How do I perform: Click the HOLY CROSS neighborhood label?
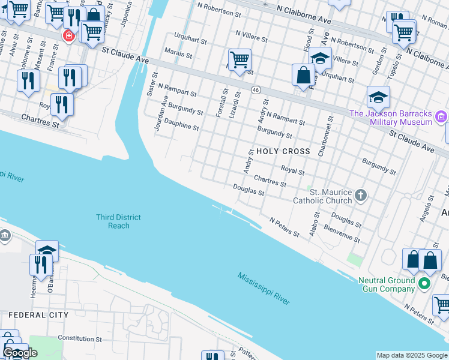point(283,151)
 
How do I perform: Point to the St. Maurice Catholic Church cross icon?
point(360,195)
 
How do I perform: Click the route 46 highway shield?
point(256,90)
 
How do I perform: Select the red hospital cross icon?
point(69,37)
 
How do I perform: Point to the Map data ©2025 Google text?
point(412,355)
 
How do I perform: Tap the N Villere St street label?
point(252,37)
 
